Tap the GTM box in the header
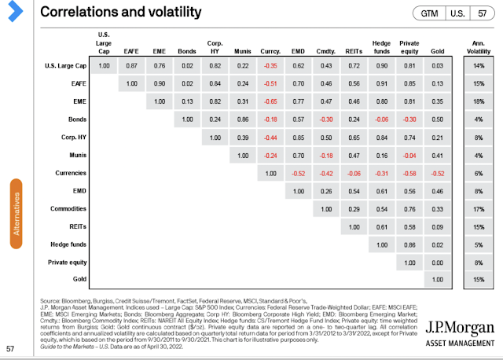click(430, 13)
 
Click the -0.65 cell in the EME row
click(271, 101)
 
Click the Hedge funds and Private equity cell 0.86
click(409, 244)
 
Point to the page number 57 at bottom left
click(11, 349)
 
